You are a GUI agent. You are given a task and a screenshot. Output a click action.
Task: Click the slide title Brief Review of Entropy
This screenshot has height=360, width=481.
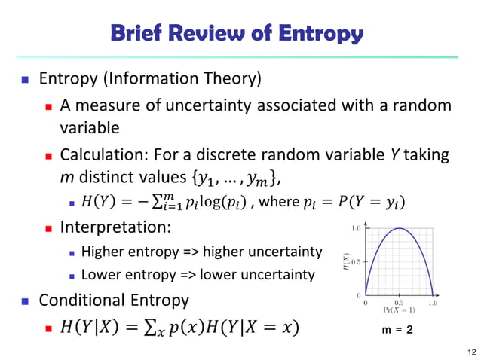click(237, 33)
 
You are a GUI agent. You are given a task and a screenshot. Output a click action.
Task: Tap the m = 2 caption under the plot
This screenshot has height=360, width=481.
click(399, 328)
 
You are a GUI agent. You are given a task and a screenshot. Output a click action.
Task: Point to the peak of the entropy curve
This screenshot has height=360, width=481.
click(399, 230)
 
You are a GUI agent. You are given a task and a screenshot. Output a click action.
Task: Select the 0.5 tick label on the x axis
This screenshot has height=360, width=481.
click(399, 301)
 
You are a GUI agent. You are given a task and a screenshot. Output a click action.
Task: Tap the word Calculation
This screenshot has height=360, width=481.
click(103, 154)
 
